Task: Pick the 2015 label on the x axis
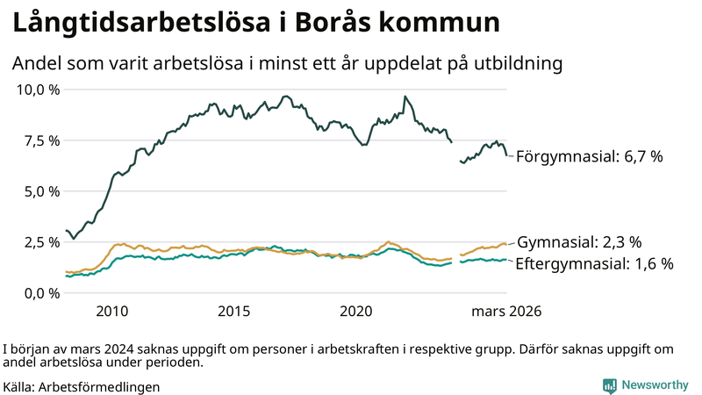point(234,312)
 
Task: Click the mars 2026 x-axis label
point(506,312)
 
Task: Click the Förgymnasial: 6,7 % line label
point(589,157)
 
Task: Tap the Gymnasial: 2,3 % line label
point(580,242)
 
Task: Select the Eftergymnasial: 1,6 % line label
point(594,263)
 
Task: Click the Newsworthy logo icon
point(609,385)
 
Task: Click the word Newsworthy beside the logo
point(655,385)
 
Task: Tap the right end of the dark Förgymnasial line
point(507,155)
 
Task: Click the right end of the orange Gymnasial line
point(507,244)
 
